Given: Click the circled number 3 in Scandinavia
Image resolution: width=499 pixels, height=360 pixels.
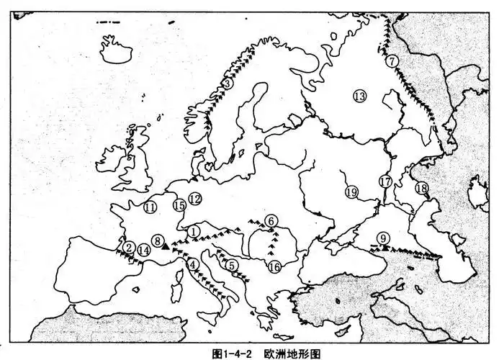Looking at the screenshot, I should point(227,84).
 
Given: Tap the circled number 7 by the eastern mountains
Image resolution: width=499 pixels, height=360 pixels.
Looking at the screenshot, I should point(391,61).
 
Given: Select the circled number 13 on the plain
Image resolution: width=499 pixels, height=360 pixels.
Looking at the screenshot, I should point(359,95).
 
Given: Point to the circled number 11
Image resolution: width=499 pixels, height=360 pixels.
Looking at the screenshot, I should point(150,208).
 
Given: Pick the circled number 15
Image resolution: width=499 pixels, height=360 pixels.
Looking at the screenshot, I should point(179,205).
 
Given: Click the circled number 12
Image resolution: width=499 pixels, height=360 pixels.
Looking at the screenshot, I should point(194,198).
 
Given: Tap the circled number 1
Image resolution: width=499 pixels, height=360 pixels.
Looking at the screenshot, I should point(194,231).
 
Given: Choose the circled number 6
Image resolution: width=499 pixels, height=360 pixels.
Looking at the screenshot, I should point(271,220).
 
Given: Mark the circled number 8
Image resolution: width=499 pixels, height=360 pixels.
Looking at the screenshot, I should point(158,243).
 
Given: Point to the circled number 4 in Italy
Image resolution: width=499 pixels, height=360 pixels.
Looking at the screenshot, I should point(193,264).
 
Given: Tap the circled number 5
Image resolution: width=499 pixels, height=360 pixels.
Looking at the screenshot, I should point(232,265).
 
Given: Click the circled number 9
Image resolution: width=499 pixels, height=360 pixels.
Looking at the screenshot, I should point(384,238).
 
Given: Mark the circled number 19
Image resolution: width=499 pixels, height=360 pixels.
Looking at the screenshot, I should point(351,192).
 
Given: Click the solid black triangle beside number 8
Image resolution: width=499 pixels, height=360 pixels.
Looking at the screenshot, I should point(166,246).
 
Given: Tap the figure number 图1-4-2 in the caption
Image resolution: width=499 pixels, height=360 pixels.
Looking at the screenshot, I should point(238,354).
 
